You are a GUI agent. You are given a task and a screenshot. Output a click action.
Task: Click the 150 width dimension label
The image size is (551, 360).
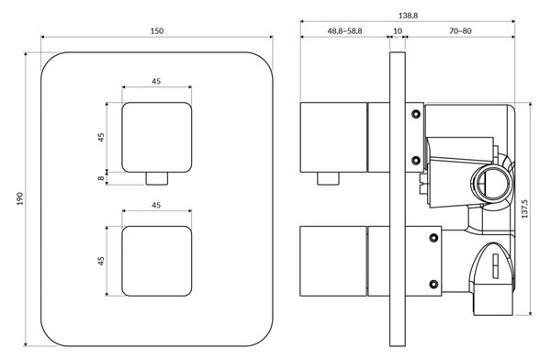pos(157,31)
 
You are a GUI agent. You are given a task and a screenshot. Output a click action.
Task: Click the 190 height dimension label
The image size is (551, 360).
pos(20,199)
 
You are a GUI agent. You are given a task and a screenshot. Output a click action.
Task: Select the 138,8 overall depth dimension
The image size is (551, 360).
pos(408,16)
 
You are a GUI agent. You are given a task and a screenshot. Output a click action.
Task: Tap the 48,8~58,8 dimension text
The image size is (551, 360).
pos(344,31)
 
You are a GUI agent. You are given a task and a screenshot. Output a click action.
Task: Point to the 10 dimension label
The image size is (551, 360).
pos(398,31)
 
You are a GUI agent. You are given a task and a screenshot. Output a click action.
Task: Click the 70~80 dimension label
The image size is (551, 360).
pos(460,31)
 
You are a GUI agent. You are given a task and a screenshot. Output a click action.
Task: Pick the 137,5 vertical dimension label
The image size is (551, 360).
pos(524,208)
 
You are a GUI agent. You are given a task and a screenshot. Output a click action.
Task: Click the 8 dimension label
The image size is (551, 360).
pos(101,178)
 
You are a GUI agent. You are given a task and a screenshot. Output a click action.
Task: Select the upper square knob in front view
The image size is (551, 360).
pos(157,138)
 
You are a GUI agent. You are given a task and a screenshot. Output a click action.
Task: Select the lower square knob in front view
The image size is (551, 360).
pos(157,261)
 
